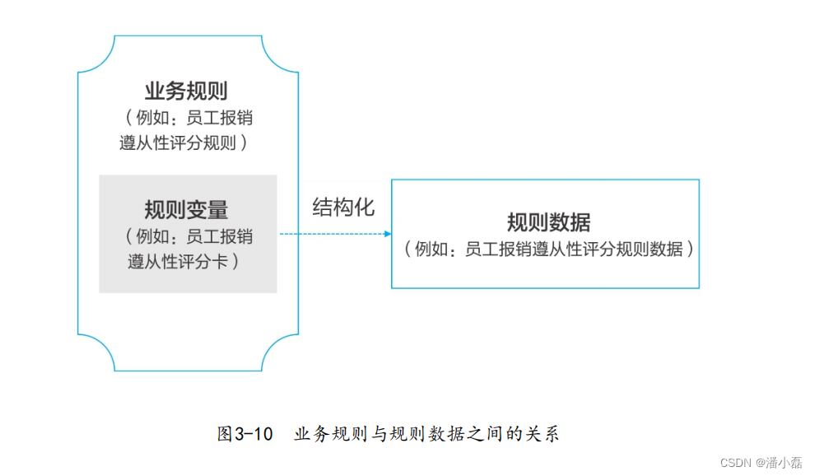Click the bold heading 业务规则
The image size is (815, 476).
(186, 91)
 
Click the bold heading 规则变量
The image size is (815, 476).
(186, 209)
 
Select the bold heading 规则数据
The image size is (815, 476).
(548, 222)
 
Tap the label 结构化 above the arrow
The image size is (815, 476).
(343, 208)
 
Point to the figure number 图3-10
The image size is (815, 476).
(244, 434)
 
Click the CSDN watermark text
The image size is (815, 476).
(737, 463)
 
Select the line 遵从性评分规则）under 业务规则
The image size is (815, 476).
(186, 142)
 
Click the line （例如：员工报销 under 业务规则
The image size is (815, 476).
(186, 118)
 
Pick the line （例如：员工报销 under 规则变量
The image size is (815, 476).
(189, 237)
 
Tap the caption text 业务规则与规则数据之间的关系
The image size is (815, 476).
(426, 434)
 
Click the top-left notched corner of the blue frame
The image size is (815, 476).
(95, 55)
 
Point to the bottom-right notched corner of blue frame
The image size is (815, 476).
(280, 352)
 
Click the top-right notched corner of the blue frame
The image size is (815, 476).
(280, 55)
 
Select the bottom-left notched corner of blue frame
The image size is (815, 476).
(95, 352)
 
